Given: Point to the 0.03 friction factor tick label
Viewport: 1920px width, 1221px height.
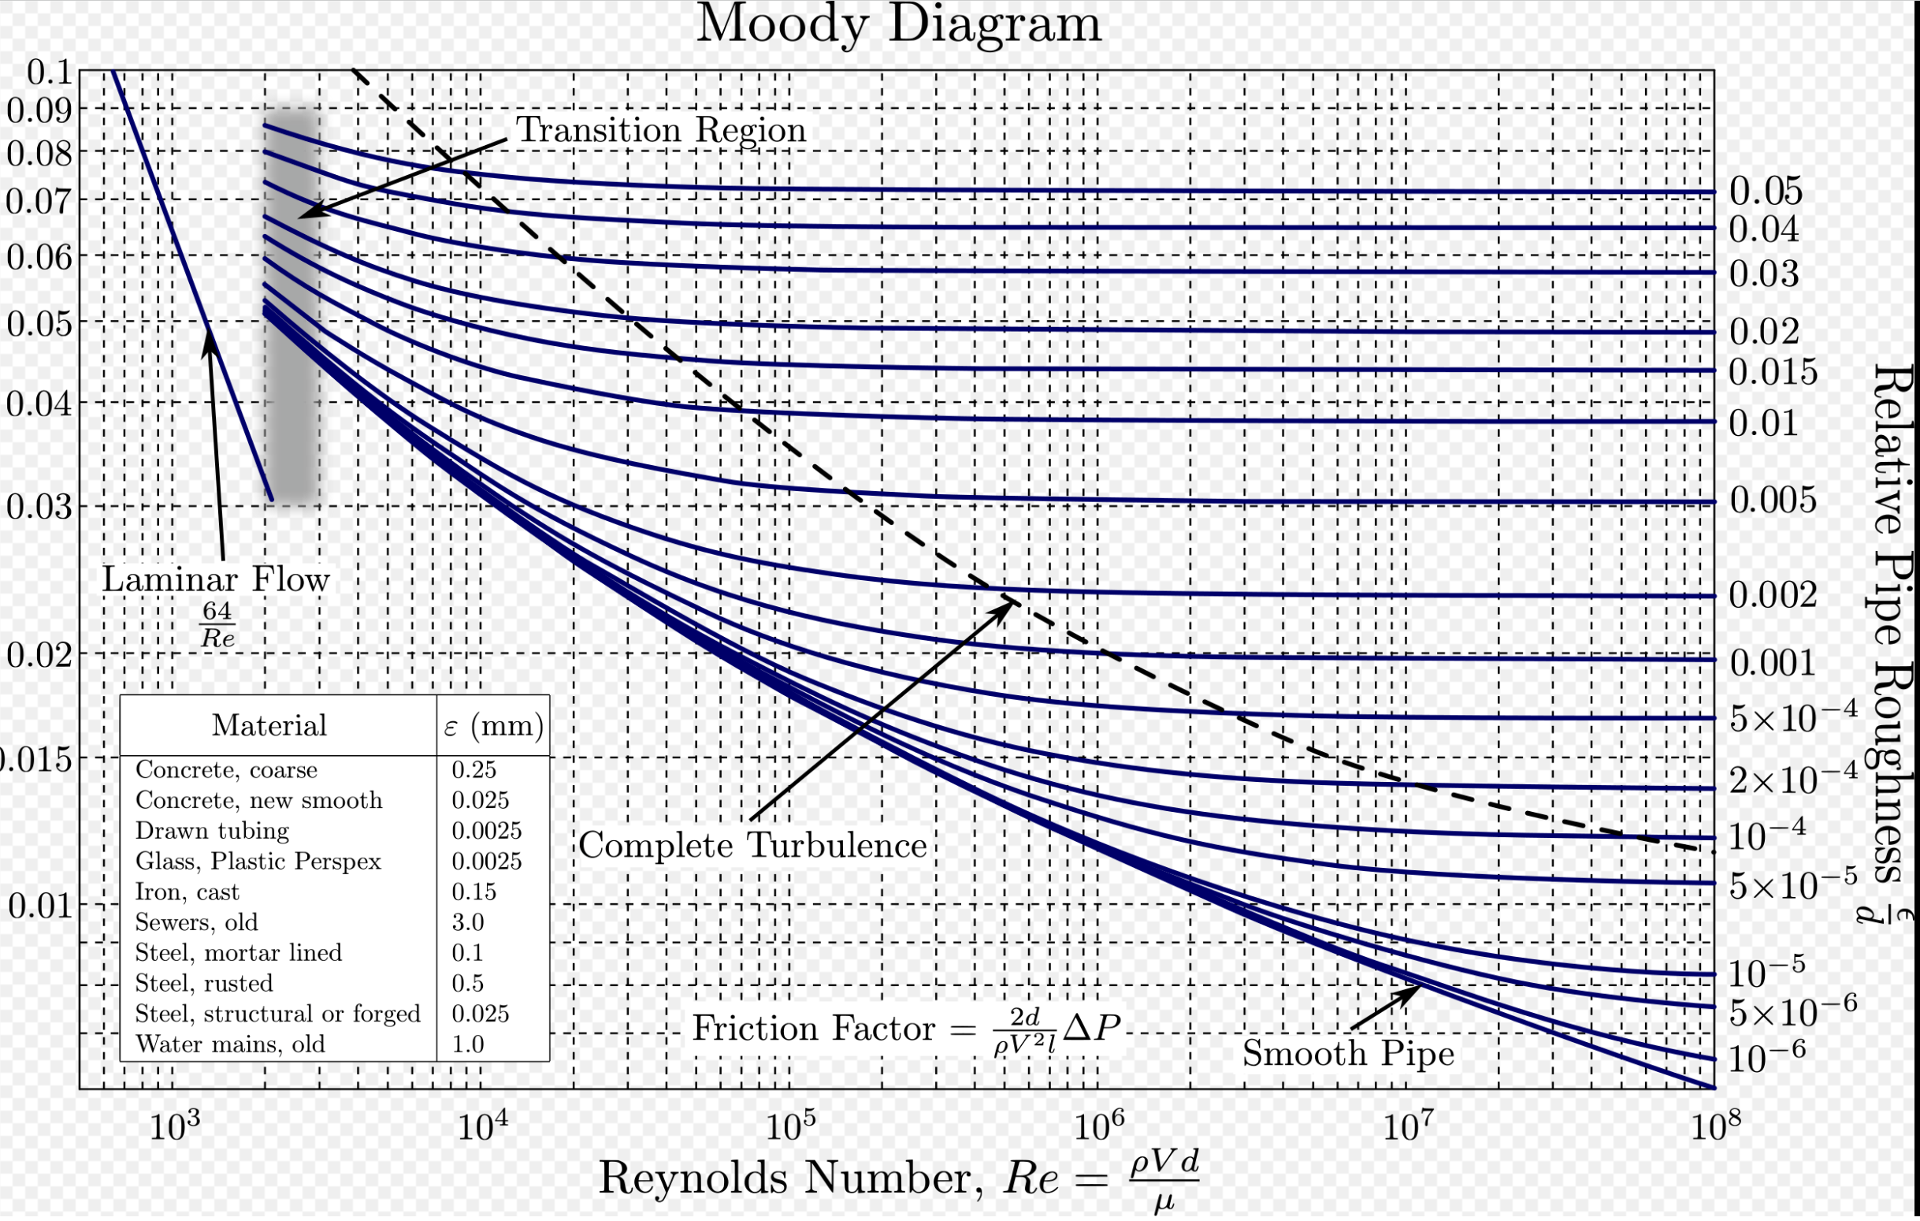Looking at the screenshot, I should (x=40, y=506).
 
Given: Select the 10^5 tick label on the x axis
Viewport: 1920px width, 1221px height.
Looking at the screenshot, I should (x=790, y=1126).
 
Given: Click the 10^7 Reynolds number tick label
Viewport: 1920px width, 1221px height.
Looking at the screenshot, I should (x=1407, y=1126).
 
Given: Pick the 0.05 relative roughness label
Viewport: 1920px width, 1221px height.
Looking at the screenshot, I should (x=1766, y=192).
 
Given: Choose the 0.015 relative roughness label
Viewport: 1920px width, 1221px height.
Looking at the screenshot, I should (x=1773, y=371).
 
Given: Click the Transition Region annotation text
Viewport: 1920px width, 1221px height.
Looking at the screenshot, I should (x=661, y=130).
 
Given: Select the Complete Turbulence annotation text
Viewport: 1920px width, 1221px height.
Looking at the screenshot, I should (x=752, y=845).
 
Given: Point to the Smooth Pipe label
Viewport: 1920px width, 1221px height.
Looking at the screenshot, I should (x=1347, y=1054).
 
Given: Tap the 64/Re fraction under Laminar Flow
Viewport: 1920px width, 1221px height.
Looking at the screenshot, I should (x=217, y=624).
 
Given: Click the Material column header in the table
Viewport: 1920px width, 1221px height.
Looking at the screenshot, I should (x=269, y=726).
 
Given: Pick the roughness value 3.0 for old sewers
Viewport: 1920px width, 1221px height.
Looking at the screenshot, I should (x=468, y=923).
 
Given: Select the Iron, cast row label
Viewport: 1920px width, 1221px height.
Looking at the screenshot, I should (x=188, y=892).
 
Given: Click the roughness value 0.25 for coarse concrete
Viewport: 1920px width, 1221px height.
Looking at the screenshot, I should (x=474, y=769).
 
